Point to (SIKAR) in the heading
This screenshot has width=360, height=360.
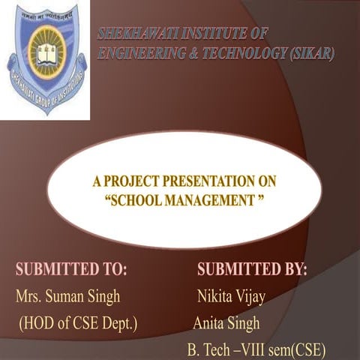pyautogui.click(x=307, y=53)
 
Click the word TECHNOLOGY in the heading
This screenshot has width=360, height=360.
pyautogui.click(x=242, y=53)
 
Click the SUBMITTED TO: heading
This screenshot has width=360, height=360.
pyautogui.click(x=72, y=269)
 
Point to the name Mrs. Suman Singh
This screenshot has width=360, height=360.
pyautogui.click(x=67, y=296)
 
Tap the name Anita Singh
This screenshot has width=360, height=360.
pyautogui.click(x=226, y=323)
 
